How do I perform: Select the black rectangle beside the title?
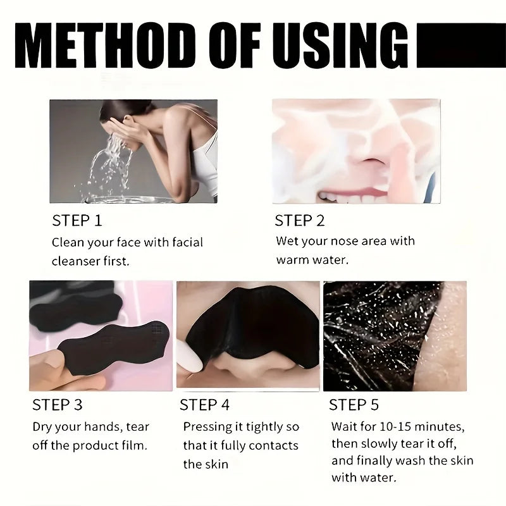click(462, 46)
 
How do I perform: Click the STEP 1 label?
click(77, 221)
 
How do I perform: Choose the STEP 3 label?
click(57, 405)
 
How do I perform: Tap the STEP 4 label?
click(204, 405)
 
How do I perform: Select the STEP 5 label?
click(354, 405)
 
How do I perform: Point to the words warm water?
click(312, 260)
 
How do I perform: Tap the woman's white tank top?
click(206, 161)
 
